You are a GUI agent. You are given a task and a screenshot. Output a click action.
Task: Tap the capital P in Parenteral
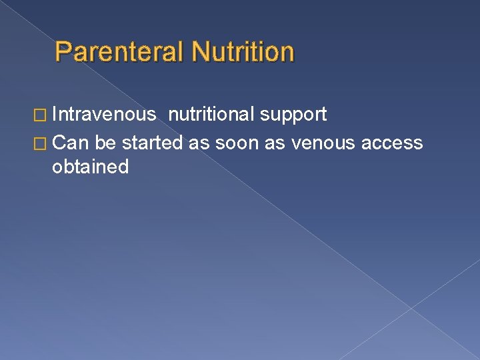point(63,52)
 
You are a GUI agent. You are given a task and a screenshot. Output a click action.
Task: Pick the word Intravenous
point(104,115)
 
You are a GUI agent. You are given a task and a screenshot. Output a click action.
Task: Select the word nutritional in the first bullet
point(211,115)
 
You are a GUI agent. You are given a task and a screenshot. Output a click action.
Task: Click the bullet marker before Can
point(42,143)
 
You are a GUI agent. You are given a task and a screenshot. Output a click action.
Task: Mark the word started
point(153,143)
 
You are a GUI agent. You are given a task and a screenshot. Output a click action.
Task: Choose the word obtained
point(90,167)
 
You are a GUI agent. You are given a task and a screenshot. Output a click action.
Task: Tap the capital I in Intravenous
point(55,115)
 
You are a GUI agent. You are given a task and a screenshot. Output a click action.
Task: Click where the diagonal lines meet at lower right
point(411,307)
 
